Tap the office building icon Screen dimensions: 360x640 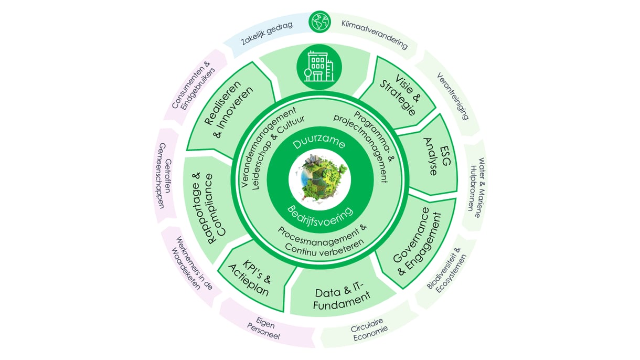(x=319, y=66)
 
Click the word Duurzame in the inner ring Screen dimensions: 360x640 (x=319, y=142)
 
